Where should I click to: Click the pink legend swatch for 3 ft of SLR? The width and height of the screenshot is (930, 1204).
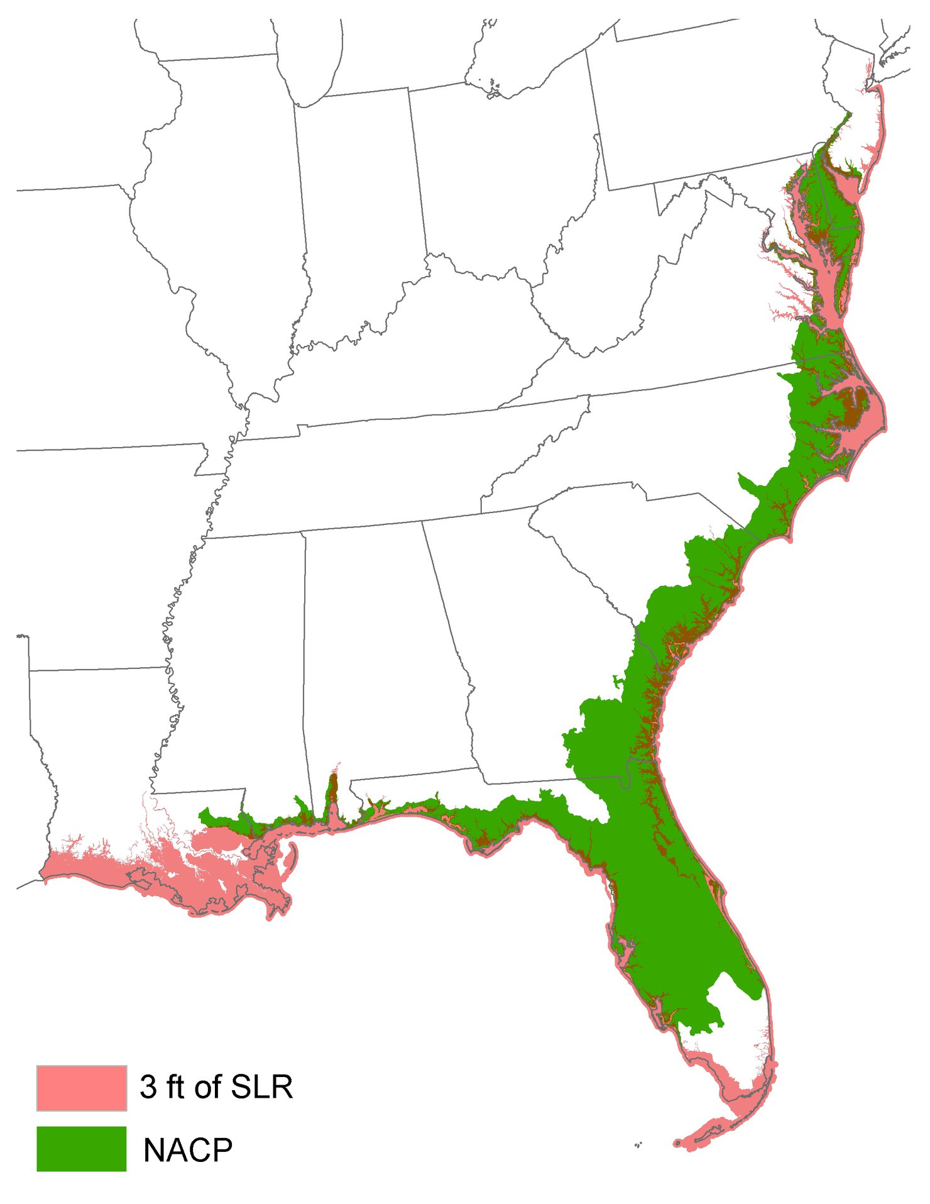[x=82, y=1088]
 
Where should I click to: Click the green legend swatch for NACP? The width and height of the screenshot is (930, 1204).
[x=82, y=1149]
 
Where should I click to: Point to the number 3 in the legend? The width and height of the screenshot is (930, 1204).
[x=148, y=1087]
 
